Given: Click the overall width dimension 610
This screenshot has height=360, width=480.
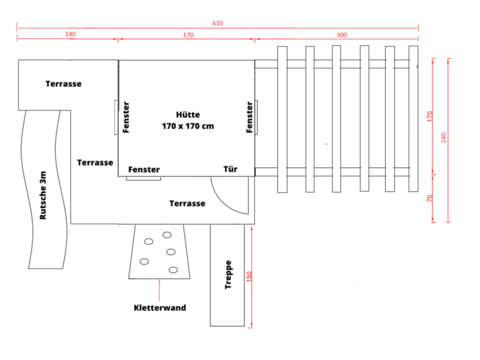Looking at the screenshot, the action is pos(218,23).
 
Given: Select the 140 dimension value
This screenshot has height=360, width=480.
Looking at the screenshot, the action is pos(70,34).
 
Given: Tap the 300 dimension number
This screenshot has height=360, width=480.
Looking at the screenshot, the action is pos(341,35).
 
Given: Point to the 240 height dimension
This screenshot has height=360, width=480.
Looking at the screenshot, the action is pos(443,138).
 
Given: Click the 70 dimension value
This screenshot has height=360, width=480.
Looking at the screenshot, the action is pos(430,199).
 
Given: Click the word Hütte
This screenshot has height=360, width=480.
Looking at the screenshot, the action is pos(188,115).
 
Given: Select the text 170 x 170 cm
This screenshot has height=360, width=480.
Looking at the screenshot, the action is pos(188,126).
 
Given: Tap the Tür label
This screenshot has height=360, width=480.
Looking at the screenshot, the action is pos(230,169).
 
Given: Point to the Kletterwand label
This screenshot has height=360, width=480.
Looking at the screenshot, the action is pos(160,308).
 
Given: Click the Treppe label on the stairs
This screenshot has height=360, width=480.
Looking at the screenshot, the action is pos(228,275).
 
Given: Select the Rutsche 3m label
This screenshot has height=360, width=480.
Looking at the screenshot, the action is pos(43,196).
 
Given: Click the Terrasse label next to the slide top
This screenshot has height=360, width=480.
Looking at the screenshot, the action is pos(64,84).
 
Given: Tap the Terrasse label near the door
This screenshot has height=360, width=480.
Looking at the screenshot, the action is pos(187,203).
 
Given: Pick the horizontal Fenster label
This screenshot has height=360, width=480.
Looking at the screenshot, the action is pos(144,170).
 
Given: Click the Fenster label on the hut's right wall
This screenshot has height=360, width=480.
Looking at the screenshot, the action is pos(250,117).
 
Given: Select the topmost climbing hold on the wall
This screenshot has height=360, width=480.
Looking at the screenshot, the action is pos(167,235).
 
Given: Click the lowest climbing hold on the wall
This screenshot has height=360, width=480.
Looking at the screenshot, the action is pos(173,269).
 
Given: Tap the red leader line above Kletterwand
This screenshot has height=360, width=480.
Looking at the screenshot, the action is pos(159,290).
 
